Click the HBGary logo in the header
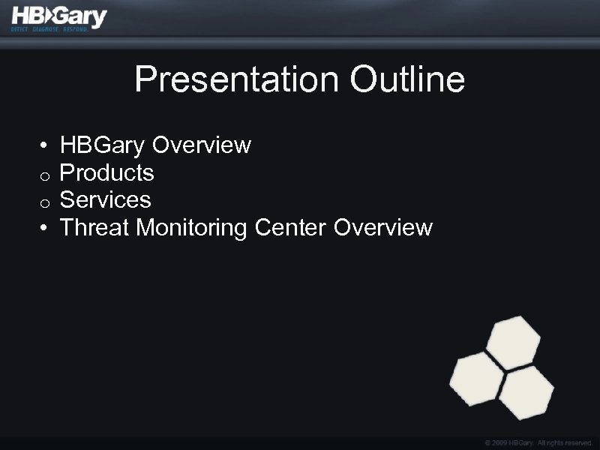click(59, 16)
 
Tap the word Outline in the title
click(407, 79)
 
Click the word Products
click(106, 172)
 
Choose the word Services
click(105, 199)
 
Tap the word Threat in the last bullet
click(94, 226)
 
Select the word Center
click(291, 226)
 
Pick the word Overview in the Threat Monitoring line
click(383, 226)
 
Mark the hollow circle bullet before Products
click(46, 176)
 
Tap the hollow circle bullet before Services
click(46, 203)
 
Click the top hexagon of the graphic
click(514, 342)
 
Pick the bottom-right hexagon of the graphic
click(526, 391)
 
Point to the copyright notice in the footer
click(538, 443)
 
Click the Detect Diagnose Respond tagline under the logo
click(49, 30)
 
